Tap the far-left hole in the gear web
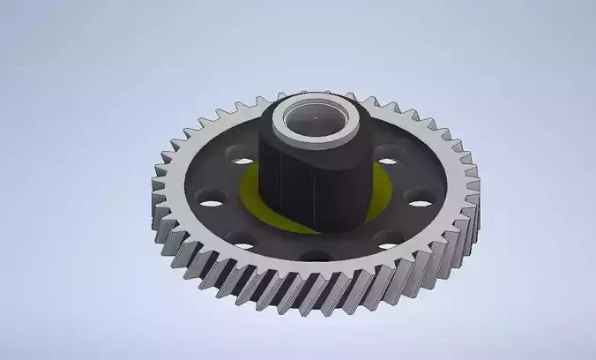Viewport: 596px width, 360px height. pos(211,201)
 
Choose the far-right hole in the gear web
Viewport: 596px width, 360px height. pos(421,204)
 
